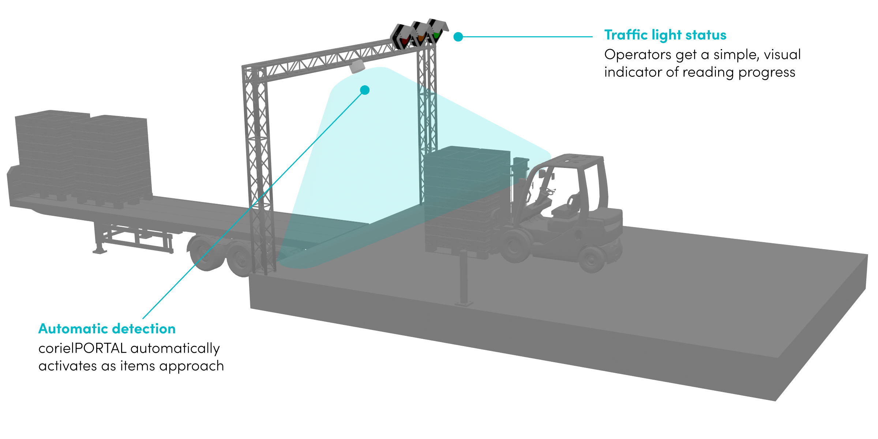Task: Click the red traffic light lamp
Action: click(404, 41)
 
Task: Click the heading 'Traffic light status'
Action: click(665, 35)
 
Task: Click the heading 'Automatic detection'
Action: click(107, 329)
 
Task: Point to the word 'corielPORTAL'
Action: click(82, 348)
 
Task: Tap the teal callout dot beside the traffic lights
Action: click(458, 37)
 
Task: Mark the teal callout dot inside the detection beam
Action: click(365, 90)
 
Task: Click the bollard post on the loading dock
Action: click(464, 278)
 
